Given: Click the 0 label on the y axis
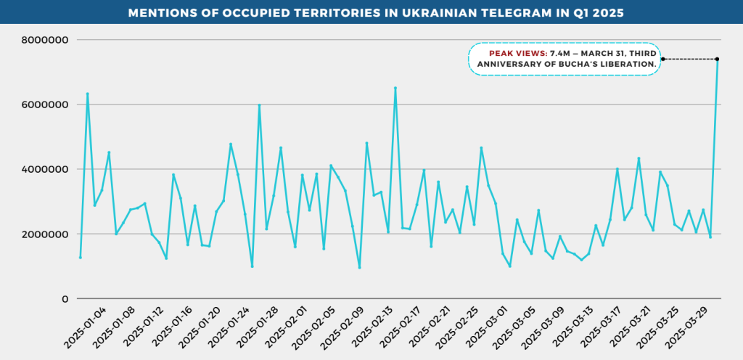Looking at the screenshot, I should (65, 299).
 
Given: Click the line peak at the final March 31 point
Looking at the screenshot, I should (717, 60).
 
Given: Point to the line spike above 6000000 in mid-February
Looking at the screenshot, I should (395, 88).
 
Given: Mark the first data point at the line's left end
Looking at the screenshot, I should (81, 258).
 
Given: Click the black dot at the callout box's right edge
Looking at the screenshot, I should (662, 59).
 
